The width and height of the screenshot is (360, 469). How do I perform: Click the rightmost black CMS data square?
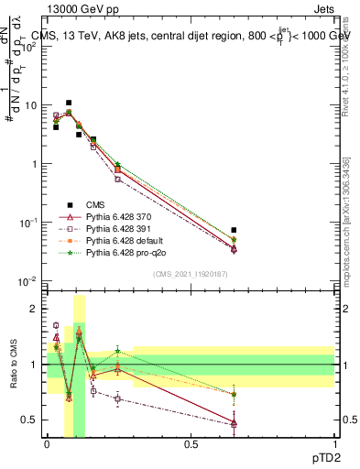(235, 230)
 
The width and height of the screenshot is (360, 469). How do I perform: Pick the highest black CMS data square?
(69, 103)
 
